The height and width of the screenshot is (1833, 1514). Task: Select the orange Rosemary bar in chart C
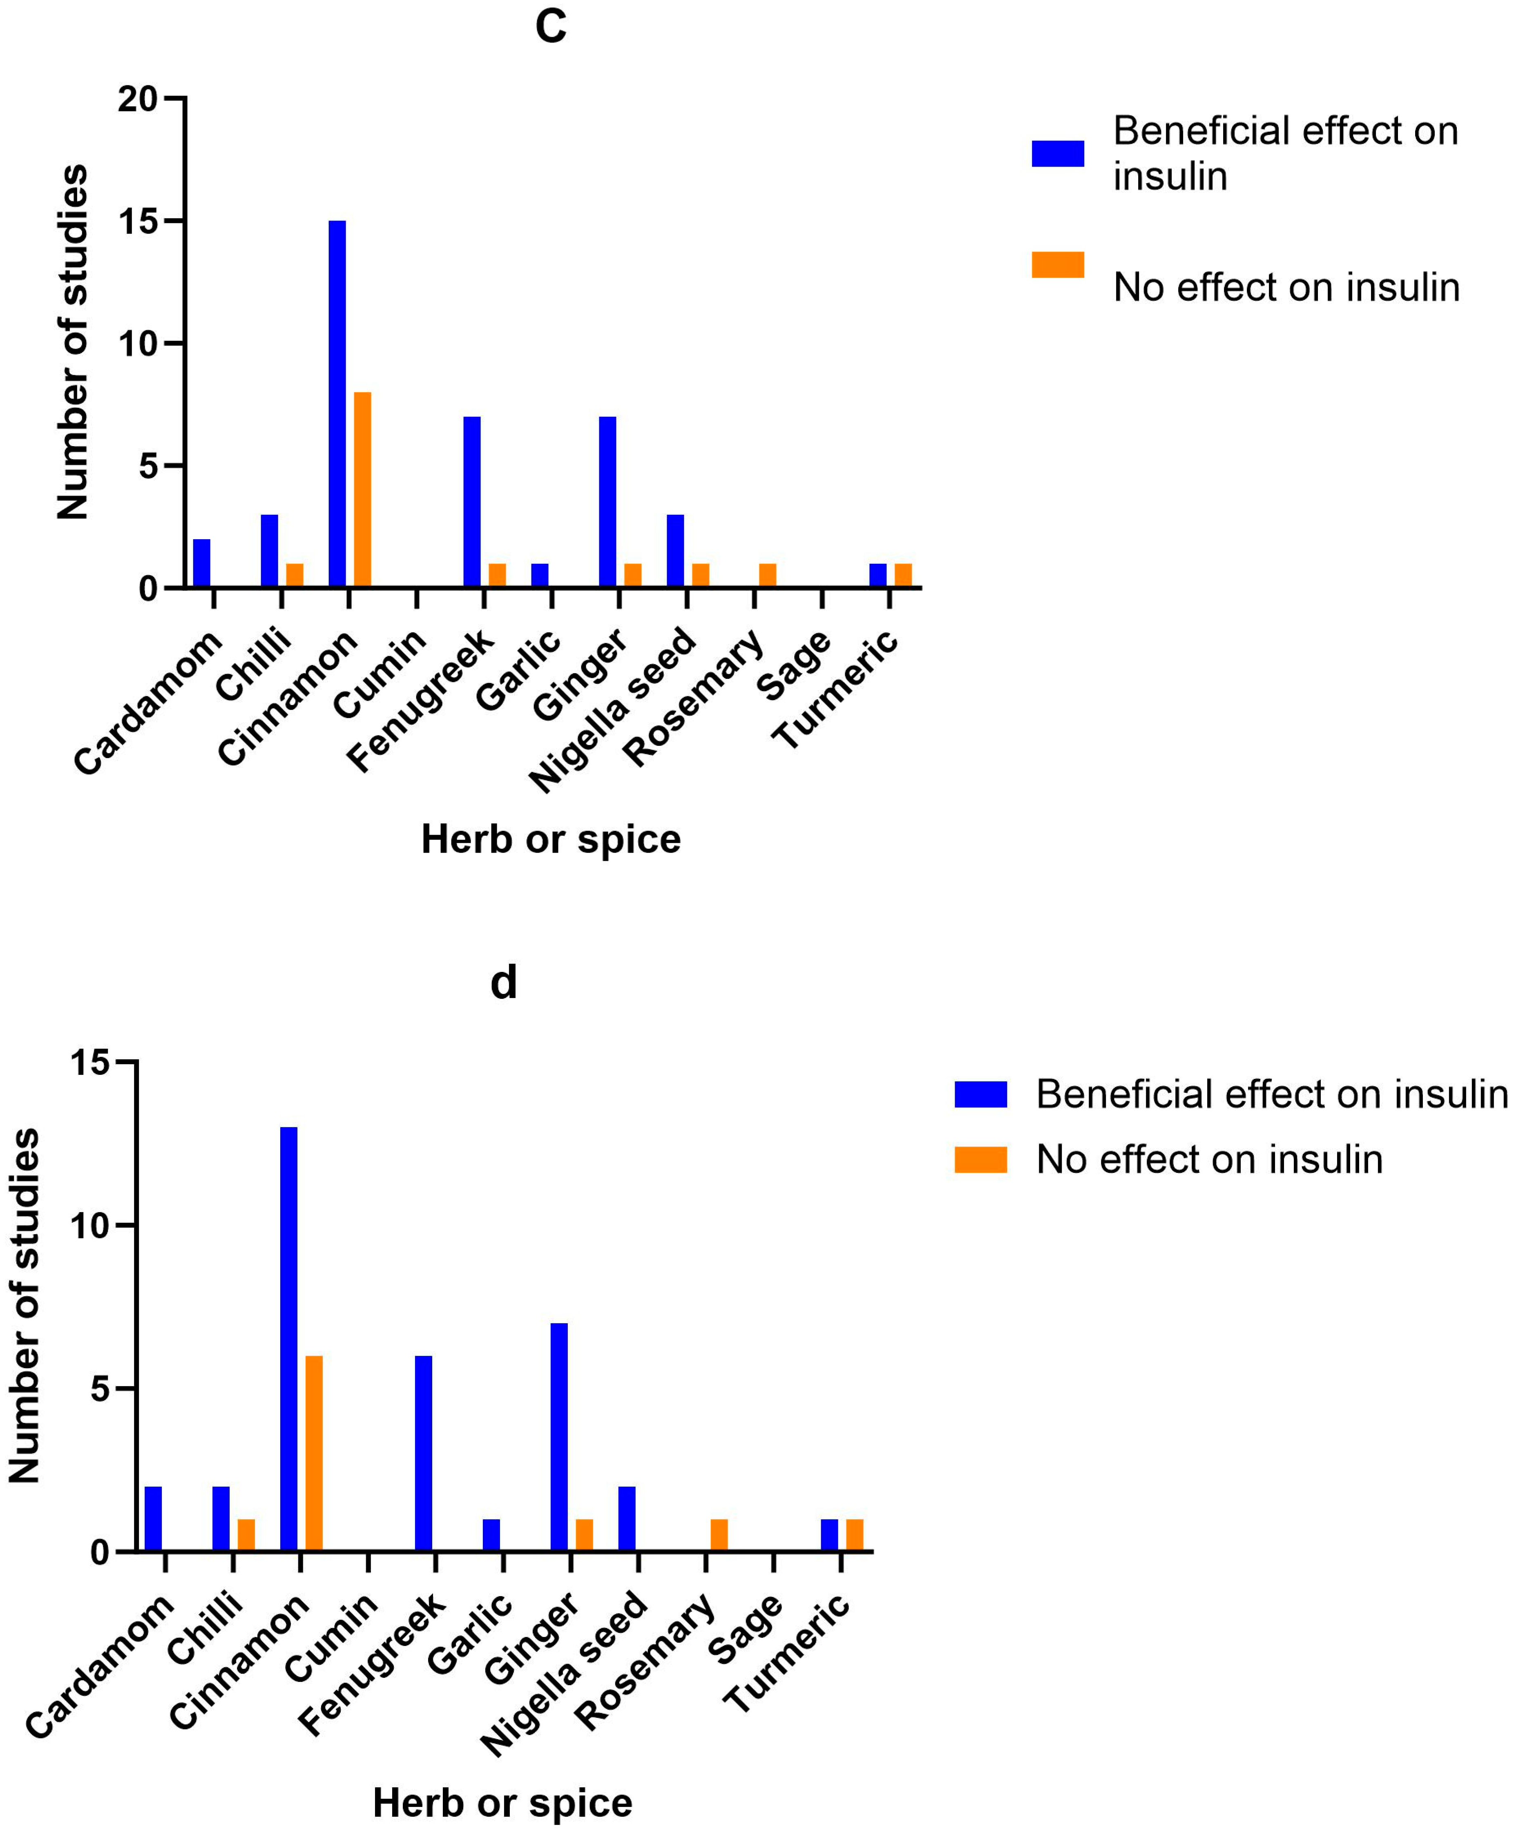pyautogui.click(x=768, y=576)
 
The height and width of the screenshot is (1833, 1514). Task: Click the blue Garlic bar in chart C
pyautogui.click(x=540, y=576)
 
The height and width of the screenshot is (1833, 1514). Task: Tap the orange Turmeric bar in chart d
pyautogui.click(x=855, y=1535)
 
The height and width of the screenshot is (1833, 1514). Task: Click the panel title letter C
pyautogui.click(x=550, y=26)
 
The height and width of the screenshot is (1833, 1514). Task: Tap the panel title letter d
pyautogui.click(x=503, y=983)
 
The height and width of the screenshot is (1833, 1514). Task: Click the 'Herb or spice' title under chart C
pyautogui.click(x=550, y=839)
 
